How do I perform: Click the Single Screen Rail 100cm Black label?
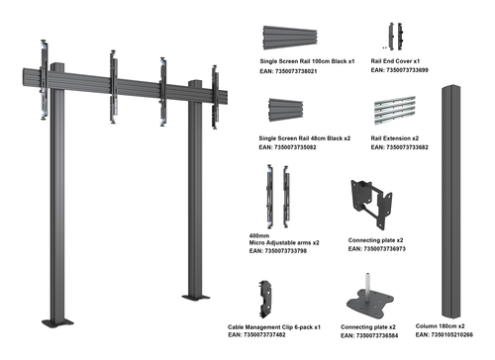point(304,61)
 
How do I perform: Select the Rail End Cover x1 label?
point(395,61)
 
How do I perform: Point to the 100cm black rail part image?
point(290,38)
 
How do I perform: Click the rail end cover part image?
point(395,37)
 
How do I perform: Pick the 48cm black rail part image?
point(286,110)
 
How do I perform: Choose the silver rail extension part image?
point(395,110)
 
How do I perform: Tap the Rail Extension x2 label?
point(394,138)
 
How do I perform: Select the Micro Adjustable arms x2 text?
point(284,242)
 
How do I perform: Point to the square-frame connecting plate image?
point(371,205)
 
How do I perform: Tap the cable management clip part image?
point(265,300)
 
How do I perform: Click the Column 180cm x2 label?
point(440,326)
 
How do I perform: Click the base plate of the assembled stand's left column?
point(57,322)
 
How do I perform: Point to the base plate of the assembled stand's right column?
point(196,298)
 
